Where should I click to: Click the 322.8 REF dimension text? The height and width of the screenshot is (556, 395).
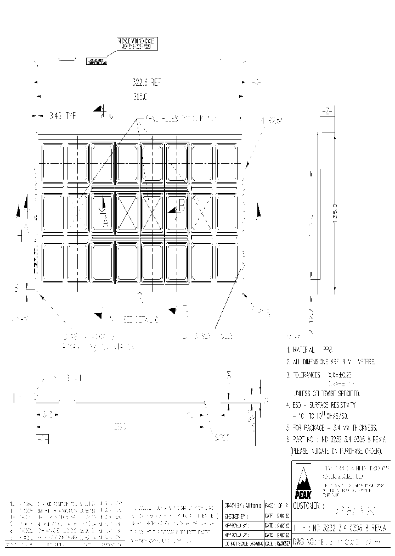pyautogui.click(x=146, y=82)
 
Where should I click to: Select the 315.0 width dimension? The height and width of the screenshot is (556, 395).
pyautogui.click(x=140, y=96)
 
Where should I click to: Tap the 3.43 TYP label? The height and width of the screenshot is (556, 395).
pyautogui.click(x=62, y=116)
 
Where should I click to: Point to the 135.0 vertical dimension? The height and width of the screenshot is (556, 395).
pyautogui.click(x=335, y=209)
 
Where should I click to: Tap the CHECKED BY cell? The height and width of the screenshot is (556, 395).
pyautogui.click(x=236, y=516)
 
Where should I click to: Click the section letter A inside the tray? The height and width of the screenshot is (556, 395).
pyautogui.click(x=103, y=215)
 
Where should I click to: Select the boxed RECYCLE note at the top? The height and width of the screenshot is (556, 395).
pyautogui.click(x=136, y=43)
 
